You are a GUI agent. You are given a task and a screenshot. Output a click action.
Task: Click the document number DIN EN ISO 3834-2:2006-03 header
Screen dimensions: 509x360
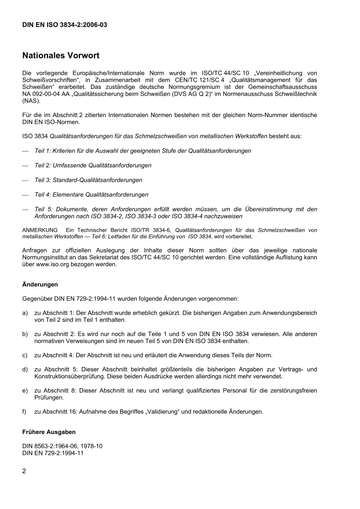(64, 25)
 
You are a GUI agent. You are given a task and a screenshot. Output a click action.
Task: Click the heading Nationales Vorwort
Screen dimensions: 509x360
(61, 56)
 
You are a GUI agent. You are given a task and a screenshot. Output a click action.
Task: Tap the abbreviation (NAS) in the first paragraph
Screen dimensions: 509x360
(31, 101)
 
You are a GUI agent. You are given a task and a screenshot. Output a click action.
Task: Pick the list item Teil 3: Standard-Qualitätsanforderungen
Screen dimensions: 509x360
(88, 180)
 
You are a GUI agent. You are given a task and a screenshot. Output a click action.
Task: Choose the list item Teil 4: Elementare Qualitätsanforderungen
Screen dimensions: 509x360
(91, 195)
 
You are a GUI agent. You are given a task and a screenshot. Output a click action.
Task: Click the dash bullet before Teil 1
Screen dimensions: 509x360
(25, 151)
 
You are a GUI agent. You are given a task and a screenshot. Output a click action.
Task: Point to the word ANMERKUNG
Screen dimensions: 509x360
(40, 230)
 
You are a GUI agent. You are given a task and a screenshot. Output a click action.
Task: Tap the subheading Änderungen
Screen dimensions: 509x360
(40, 284)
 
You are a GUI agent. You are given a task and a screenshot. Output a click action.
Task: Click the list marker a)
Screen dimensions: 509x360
(25, 313)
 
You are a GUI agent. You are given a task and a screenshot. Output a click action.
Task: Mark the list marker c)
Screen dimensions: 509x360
(25, 355)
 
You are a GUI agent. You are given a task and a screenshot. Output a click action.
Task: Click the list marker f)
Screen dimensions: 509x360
(25, 412)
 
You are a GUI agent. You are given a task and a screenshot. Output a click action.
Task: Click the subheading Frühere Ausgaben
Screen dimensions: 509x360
(49, 432)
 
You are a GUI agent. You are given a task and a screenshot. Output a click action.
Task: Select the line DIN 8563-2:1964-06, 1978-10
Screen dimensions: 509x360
(62, 446)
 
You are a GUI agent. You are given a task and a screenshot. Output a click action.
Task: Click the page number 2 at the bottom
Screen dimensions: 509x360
(24, 471)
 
